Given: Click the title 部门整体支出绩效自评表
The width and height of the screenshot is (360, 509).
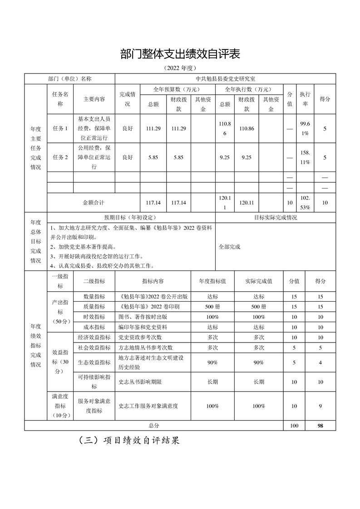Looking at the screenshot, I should [180, 54].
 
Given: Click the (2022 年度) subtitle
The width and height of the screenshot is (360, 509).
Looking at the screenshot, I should [180, 68].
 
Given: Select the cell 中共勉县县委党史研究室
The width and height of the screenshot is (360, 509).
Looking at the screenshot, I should [226, 78].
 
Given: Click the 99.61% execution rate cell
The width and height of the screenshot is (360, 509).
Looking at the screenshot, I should [305, 128].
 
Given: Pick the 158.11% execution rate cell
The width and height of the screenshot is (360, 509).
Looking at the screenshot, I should [305, 157].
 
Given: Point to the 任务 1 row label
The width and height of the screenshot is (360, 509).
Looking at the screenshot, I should [60, 128].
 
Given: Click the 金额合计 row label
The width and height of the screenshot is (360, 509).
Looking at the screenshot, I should [94, 203].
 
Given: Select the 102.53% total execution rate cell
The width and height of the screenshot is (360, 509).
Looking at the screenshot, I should [305, 203].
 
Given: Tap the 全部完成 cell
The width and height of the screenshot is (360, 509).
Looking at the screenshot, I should [229, 247].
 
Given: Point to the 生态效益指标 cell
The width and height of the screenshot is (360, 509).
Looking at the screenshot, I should [94, 362].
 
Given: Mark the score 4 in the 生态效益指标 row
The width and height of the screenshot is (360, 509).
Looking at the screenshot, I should [321, 362].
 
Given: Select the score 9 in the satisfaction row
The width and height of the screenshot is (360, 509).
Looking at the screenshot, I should [321, 406].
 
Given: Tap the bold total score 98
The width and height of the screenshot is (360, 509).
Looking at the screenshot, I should [321, 426].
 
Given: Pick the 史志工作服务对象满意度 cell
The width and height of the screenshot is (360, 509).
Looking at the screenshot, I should [148, 406].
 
